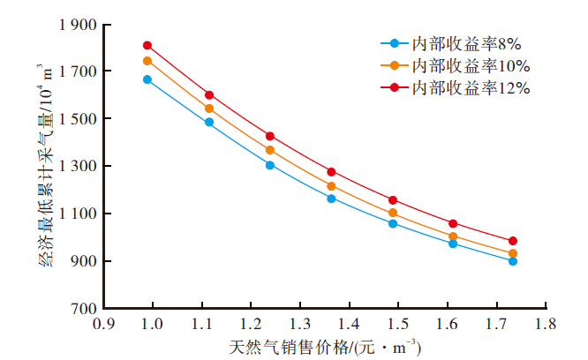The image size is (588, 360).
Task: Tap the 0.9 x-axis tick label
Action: tap(104, 325)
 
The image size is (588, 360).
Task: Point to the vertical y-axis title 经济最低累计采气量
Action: tap(45, 168)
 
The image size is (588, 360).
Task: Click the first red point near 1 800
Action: tap(147, 45)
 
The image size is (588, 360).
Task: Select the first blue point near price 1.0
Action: tap(147, 79)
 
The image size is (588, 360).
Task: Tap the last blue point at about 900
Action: tap(512, 261)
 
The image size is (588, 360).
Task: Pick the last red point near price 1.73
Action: tap(512, 241)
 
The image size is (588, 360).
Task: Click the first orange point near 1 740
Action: tap(147, 61)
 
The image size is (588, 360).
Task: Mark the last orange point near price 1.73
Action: tap(512, 253)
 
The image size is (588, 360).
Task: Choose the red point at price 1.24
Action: tap(270, 136)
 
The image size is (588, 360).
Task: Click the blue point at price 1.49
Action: tap(393, 223)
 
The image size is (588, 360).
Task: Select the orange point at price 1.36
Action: tap(331, 186)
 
